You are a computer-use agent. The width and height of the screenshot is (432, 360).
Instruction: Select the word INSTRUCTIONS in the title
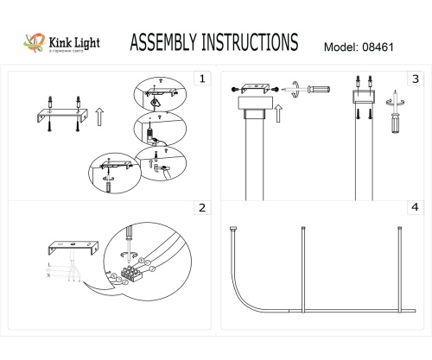coord(248,42)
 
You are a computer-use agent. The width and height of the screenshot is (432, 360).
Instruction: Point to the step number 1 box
coord(201,79)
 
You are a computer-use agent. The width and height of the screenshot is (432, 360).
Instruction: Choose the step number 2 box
coord(201,208)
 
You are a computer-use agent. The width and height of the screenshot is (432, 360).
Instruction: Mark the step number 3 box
coord(415,79)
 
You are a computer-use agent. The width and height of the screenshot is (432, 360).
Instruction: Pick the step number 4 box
coord(415,208)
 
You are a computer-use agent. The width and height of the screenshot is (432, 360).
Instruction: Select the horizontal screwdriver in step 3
coord(316,88)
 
